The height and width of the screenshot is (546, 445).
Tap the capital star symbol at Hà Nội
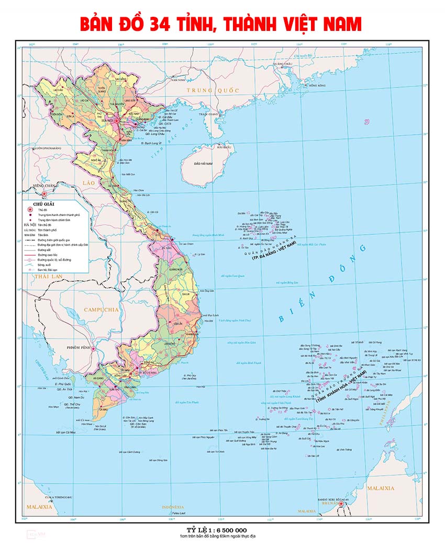[x=119, y=121]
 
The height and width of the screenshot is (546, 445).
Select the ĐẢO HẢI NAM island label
[x=203, y=164]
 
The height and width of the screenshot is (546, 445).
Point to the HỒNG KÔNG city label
[x=317, y=85]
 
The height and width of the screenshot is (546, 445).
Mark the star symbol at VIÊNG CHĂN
[x=44, y=193]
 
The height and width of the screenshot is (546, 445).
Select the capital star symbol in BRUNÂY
[x=341, y=504]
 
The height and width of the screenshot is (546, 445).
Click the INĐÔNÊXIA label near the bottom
[x=173, y=507]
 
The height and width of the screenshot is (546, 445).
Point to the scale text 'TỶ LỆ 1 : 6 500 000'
[x=213, y=530]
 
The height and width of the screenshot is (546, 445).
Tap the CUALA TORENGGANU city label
[x=57, y=497]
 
